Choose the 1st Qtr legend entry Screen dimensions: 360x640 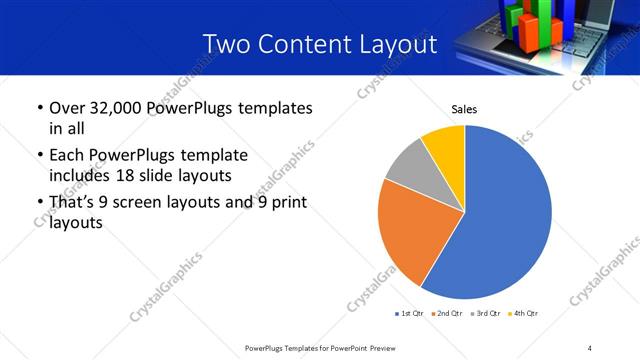pyautogui.click(x=411, y=314)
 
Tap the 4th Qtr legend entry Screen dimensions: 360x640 pyautogui.click(x=525, y=314)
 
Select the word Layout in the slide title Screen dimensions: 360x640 pyautogui.click(x=399, y=44)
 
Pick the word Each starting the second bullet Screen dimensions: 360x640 pyautogui.click(x=67, y=156)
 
